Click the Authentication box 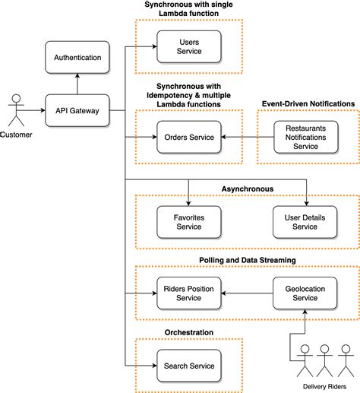[x=77, y=58]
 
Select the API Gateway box [x=77, y=110]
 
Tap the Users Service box [x=189, y=46]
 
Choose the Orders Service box [x=189, y=137]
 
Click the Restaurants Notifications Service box [x=306, y=137]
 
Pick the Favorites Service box [x=189, y=222]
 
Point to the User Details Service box [x=305, y=222]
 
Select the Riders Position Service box [x=189, y=293]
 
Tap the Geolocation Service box [x=305, y=293]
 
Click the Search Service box [x=189, y=366]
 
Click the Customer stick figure [x=16, y=110]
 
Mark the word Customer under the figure [x=16, y=135]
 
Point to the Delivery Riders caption [x=324, y=386]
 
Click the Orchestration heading [x=189, y=332]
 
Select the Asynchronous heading [x=248, y=189]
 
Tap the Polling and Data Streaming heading [x=248, y=260]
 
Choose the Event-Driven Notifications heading [x=308, y=104]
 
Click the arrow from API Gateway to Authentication [x=77, y=84]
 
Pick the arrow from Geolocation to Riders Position [x=247, y=293]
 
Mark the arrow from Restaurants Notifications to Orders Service [x=248, y=137]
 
